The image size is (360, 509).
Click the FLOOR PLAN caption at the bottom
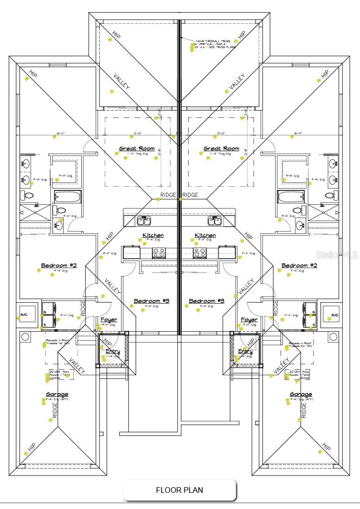[x=179, y=490]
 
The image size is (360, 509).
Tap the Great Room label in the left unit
[x=134, y=149]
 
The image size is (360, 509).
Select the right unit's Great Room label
[x=221, y=149]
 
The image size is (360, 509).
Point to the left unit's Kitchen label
[x=153, y=235]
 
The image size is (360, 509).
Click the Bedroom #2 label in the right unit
[x=299, y=266]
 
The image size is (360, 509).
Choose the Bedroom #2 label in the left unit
[x=59, y=266]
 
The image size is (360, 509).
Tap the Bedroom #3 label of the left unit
[x=151, y=301]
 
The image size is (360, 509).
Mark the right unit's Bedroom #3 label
[x=207, y=301]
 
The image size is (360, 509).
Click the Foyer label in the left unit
[x=109, y=320]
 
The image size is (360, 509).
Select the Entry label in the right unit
[x=245, y=352]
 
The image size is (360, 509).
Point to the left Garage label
[x=57, y=395]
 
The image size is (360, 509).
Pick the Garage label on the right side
[x=301, y=395]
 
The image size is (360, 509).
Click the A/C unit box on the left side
[x=24, y=316]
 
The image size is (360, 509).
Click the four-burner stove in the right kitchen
[x=200, y=253]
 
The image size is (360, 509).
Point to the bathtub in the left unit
[x=67, y=197]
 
